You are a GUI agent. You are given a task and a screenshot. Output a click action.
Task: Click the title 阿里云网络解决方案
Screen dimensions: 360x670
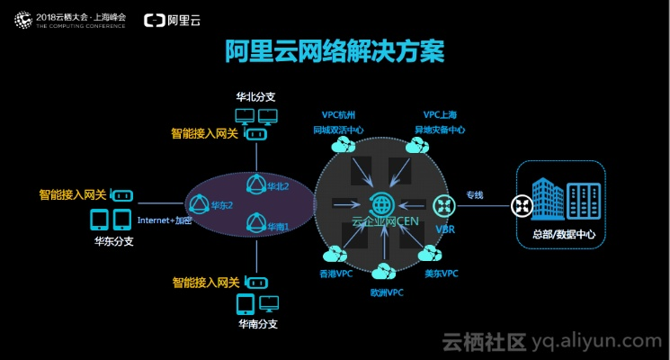(335, 50)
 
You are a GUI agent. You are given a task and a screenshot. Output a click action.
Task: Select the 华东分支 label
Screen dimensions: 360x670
(114, 240)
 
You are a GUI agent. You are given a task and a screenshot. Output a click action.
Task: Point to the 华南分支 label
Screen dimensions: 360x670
(257, 323)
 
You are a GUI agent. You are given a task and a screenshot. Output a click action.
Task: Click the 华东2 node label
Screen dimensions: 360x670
(222, 205)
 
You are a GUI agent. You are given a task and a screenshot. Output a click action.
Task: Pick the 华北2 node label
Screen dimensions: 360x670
(277, 186)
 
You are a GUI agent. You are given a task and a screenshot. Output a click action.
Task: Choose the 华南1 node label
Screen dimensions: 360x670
(279, 227)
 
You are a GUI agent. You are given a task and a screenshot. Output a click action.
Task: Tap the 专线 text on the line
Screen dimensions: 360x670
(474, 194)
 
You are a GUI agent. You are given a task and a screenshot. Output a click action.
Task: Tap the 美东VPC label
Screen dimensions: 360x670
(442, 273)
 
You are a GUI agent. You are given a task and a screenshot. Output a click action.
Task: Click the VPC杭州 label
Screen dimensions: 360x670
(339, 115)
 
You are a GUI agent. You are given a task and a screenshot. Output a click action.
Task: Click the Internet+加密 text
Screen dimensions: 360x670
(165, 220)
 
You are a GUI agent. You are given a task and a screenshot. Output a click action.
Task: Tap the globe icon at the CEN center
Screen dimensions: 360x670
(381, 204)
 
